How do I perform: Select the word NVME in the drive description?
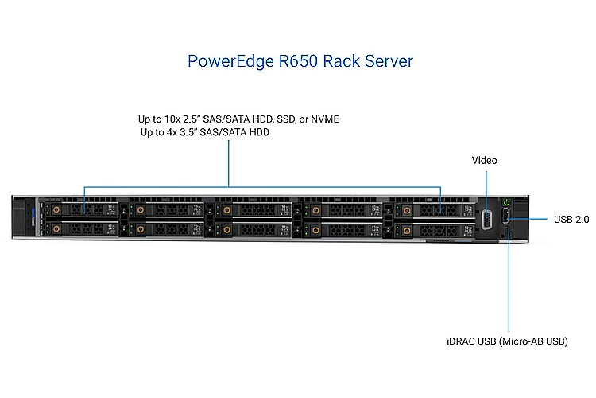point(324,119)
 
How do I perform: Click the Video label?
point(484,161)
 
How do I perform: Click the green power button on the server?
point(507,201)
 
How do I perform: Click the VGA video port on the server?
point(486,219)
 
